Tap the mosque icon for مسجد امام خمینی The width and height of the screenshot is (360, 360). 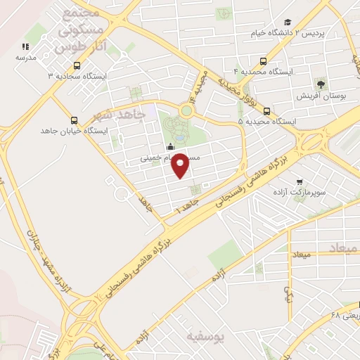(x=169, y=147)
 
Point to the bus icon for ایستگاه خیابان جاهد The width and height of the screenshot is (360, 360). (x=75, y=120)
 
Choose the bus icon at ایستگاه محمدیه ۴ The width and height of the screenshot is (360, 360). (x=263, y=61)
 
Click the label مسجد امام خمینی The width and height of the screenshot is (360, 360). (x=170, y=158)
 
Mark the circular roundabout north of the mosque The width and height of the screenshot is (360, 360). (x=187, y=110)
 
